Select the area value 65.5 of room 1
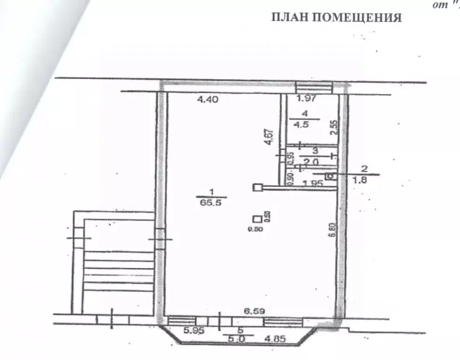click(x=211, y=204)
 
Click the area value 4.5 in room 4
click(x=305, y=125)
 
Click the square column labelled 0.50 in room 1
click(x=257, y=218)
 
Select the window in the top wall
click(x=314, y=87)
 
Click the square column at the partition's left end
click(x=257, y=187)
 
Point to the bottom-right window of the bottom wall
click(x=282, y=321)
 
